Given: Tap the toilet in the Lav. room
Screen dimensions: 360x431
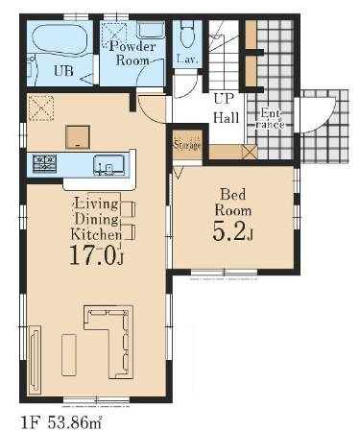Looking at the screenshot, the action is click(x=187, y=35).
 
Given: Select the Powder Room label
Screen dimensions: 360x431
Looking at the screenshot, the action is click(x=132, y=53).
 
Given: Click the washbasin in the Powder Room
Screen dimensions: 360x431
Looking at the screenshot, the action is click(x=151, y=30).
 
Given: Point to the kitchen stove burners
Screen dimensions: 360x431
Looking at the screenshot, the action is click(x=44, y=163).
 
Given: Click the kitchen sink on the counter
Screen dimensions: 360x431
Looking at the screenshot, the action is click(x=108, y=165).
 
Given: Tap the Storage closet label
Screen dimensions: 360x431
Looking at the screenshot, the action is click(x=187, y=145).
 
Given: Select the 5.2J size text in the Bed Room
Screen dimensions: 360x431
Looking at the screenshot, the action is click(x=232, y=231).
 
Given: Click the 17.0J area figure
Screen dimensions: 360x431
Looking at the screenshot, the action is click(x=96, y=255).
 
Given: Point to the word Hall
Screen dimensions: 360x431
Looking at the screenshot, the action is click(x=227, y=118).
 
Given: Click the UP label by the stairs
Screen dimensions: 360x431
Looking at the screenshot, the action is click(x=224, y=99).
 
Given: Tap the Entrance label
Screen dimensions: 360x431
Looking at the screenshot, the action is click(x=270, y=118).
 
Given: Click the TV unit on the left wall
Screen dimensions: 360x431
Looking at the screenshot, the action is click(x=35, y=360).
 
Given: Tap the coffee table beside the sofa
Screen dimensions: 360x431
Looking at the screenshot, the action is click(x=69, y=355).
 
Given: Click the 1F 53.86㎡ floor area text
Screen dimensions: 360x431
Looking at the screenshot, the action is click(x=61, y=423).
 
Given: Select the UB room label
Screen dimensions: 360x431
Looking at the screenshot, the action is click(x=63, y=71).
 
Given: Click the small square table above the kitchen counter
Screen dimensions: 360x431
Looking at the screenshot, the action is click(x=78, y=137).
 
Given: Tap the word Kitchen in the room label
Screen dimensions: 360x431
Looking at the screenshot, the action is click(x=96, y=234).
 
